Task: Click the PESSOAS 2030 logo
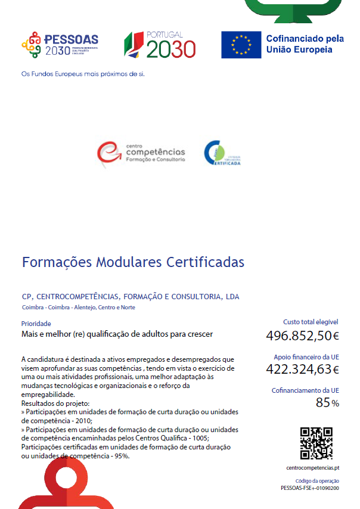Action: pos(60,45)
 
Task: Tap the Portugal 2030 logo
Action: pos(160,45)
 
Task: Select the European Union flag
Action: pos(241,45)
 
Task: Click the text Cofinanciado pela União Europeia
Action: pos(305,44)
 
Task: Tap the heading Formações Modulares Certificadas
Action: pos(133,262)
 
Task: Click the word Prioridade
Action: pos(36,324)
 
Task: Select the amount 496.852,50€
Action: pos(302,336)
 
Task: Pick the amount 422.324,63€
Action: pos(302,369)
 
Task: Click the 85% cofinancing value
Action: pos(327,403)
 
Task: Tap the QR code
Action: pos(316,443)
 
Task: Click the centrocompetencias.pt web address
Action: pos(312,468)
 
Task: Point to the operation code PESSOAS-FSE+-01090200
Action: pos(310,488)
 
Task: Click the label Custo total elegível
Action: pos(311,322)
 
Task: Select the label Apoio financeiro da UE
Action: pos(306,357)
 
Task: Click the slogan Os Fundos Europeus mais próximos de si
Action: pos(83,75)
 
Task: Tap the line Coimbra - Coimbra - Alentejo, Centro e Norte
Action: pos(78,308)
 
